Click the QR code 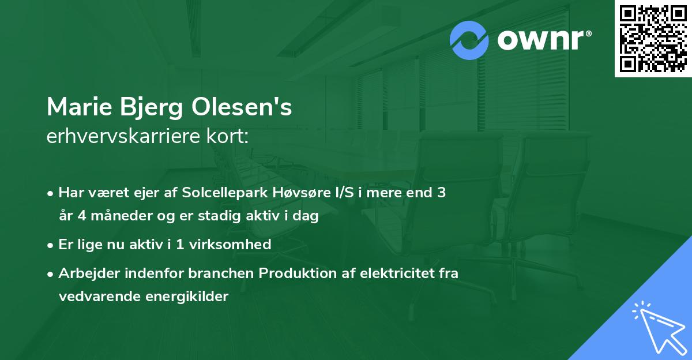point(653,38)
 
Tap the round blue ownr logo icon point(469,40)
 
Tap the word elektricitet point(392,273)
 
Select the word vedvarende point(96,297)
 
